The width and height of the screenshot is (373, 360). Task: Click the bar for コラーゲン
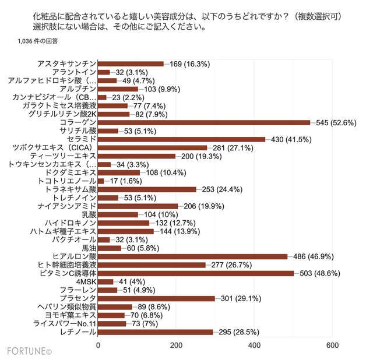point(204,122)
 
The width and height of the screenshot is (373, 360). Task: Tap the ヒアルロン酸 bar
point(192,256)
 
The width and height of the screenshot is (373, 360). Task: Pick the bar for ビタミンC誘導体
point(196,273)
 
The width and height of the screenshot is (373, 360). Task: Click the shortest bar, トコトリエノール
point(101,181)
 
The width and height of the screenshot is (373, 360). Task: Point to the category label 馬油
point(87,248)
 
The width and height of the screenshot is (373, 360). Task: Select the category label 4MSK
point(85,281)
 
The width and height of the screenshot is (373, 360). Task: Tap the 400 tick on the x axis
point(254,345)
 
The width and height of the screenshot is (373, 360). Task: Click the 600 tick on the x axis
point(332,345)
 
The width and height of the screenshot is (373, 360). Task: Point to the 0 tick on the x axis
point(98,345)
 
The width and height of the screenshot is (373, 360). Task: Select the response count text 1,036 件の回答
point(41,42)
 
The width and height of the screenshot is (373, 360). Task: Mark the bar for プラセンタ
point(156,298)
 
